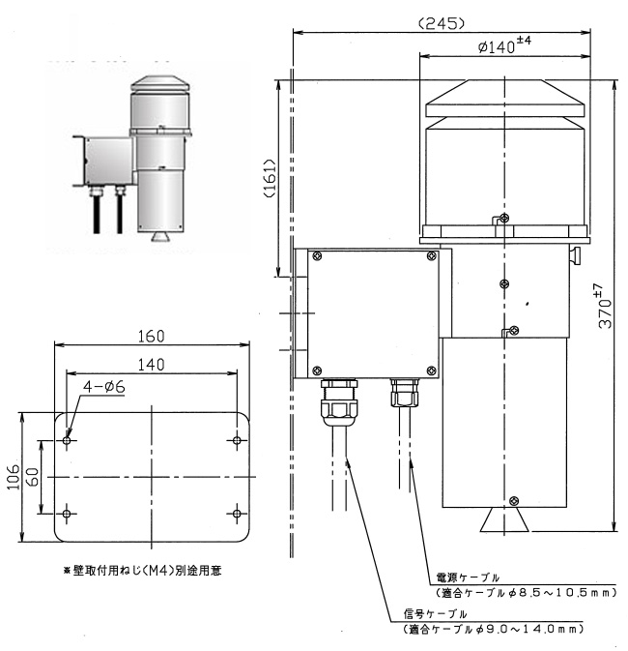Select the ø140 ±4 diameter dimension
click(505, 44)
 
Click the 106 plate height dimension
click(14, 477)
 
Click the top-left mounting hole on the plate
click(67, 441)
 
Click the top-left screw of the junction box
click(317, 256)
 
